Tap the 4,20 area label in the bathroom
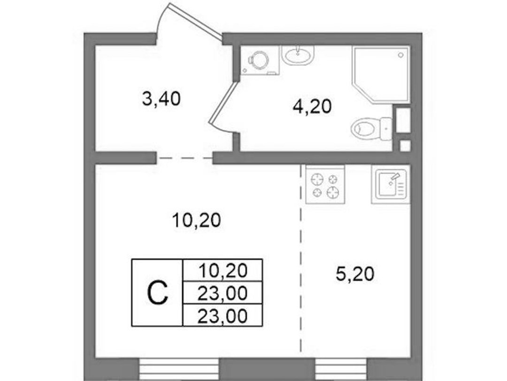[312, 107]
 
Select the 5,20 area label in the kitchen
[355, 274]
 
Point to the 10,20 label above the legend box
[197, 220]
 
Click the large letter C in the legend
[157, 293]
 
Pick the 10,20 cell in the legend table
[223, 270]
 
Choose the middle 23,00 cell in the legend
[223, 293]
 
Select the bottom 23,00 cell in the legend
[223, 315]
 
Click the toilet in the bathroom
[372, 129]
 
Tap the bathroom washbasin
[298, 55]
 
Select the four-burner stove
[325, 185]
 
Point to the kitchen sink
[391, 184]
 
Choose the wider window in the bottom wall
[179, 369]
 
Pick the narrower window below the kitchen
[341, 369]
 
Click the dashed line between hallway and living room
[184, 158]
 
